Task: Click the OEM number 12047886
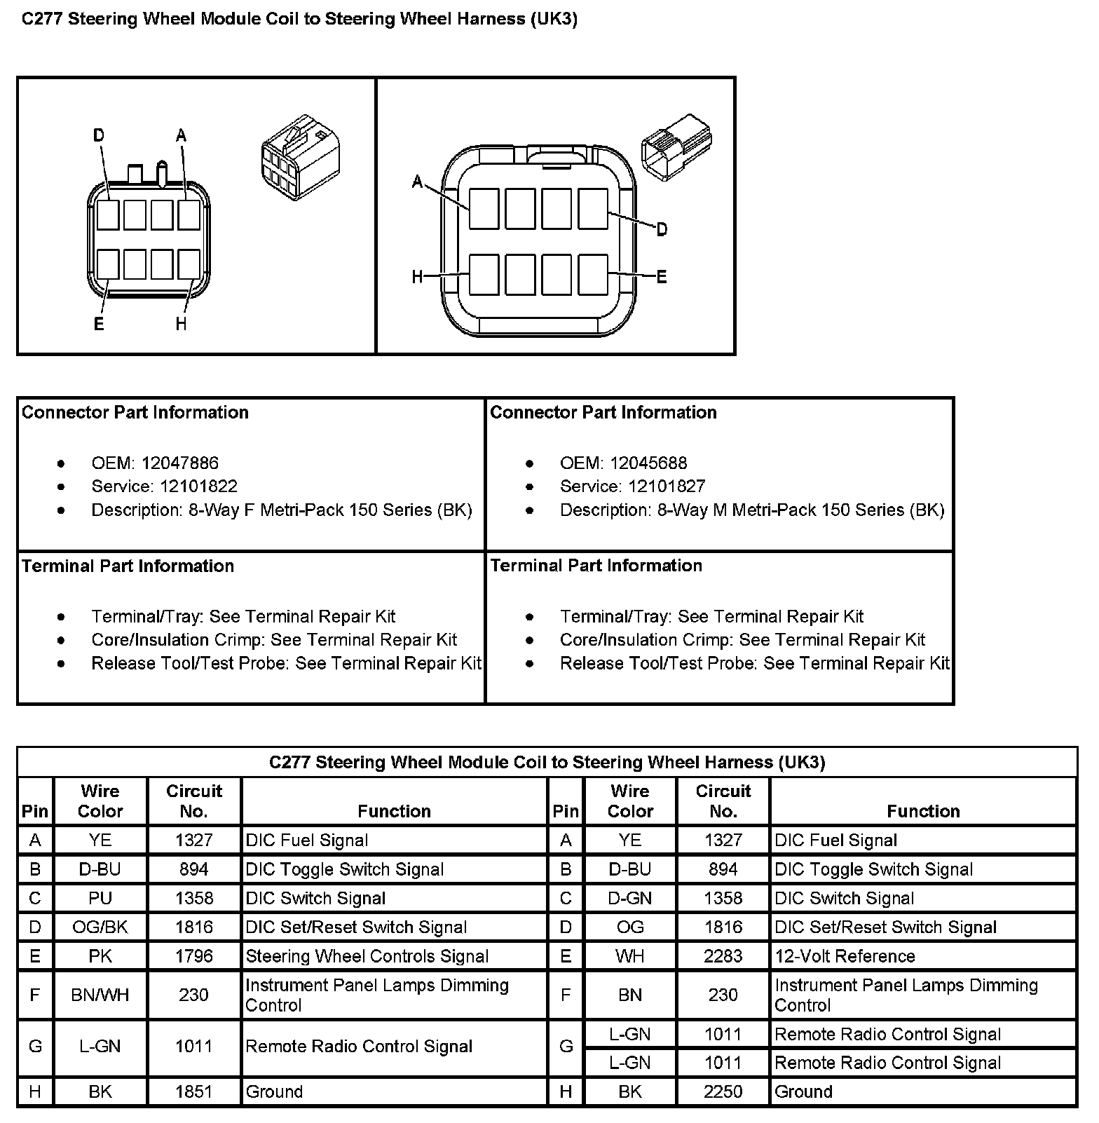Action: pyautogui.click(x=179, y=463)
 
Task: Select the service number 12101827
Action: pyautogui.click(x=667, y=486)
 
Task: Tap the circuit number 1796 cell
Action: pyautogui.click(x=193, y=956)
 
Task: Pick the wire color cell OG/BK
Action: pyautogui.click(x=100, y=927)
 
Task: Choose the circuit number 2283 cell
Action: pyautogui.click(x=723, y=956)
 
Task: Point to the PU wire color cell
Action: pyautogui.click(x=100, y=898)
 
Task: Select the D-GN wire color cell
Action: pyautogui.click(x=629, y=898)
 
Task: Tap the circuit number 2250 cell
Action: pyautogui.click(x=723, y=1091)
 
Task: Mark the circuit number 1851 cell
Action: pyautogui.click(x=193, y=1091)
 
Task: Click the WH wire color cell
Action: pyautogui.click(x=629, y=956)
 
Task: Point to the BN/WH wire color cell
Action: pyautogui.click(x=100, y=995)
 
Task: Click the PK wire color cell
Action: pyautogui.click(x=100, y=956)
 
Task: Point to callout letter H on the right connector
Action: pyautogui.click(x=417, y=277)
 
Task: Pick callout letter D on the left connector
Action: pyautogui.click(x=99, y=135)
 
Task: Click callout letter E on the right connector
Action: pyautogui.click(x=661, y=277)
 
